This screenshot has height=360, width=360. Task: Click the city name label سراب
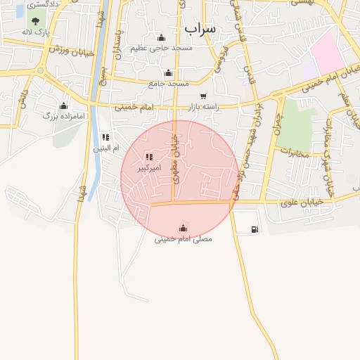201,28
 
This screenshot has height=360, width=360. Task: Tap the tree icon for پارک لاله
36,22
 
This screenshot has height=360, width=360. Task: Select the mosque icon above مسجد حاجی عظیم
161,38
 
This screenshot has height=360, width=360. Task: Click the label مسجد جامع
168,83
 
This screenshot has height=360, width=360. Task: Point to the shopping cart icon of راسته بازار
203,96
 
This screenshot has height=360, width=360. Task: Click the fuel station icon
254,229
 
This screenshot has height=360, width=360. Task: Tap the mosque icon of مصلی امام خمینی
184,228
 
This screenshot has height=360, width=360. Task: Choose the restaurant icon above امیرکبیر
148,157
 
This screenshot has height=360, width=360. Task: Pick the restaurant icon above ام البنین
106,137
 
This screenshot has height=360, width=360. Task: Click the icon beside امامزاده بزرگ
63,106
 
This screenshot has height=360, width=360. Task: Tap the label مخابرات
295,150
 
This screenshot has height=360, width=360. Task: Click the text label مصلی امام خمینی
183,239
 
